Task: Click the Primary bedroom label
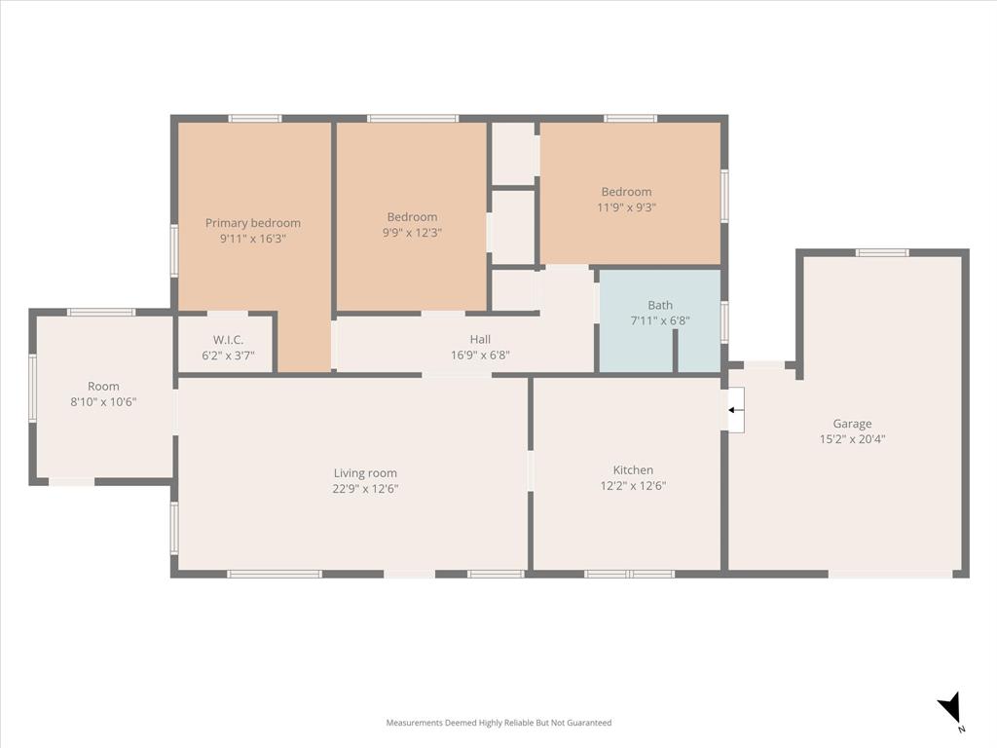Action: click(253, 223)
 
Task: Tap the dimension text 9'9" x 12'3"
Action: click(412, 233)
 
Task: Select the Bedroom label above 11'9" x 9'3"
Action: click(626, 192)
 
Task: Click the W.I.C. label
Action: click(228, 340)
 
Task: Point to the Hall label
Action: click(480, 340)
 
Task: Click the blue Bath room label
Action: click(659, 306)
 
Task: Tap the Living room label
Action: click(365, 473)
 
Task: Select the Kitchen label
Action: click(633, 470)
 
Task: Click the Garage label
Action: click(852, 424)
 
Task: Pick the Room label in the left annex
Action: click(103, 387)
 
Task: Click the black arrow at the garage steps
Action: click(736, 410)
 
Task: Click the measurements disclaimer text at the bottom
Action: click(498, 723)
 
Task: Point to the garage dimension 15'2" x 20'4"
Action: click(852, 439)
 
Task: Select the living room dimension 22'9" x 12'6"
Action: click(365, 489)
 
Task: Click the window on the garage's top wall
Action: click(882, 253)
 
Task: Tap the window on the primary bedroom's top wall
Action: click(255, 119)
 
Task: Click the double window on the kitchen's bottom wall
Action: click(629, 574)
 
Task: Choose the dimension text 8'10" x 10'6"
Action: click(103, 402)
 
